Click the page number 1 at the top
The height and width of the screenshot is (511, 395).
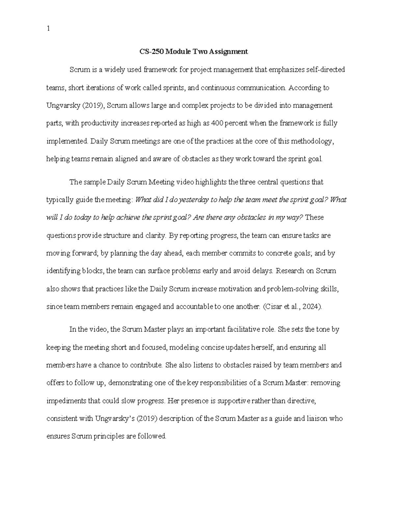coord(48,29)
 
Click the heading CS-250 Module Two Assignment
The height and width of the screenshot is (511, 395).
coord(192,52)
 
